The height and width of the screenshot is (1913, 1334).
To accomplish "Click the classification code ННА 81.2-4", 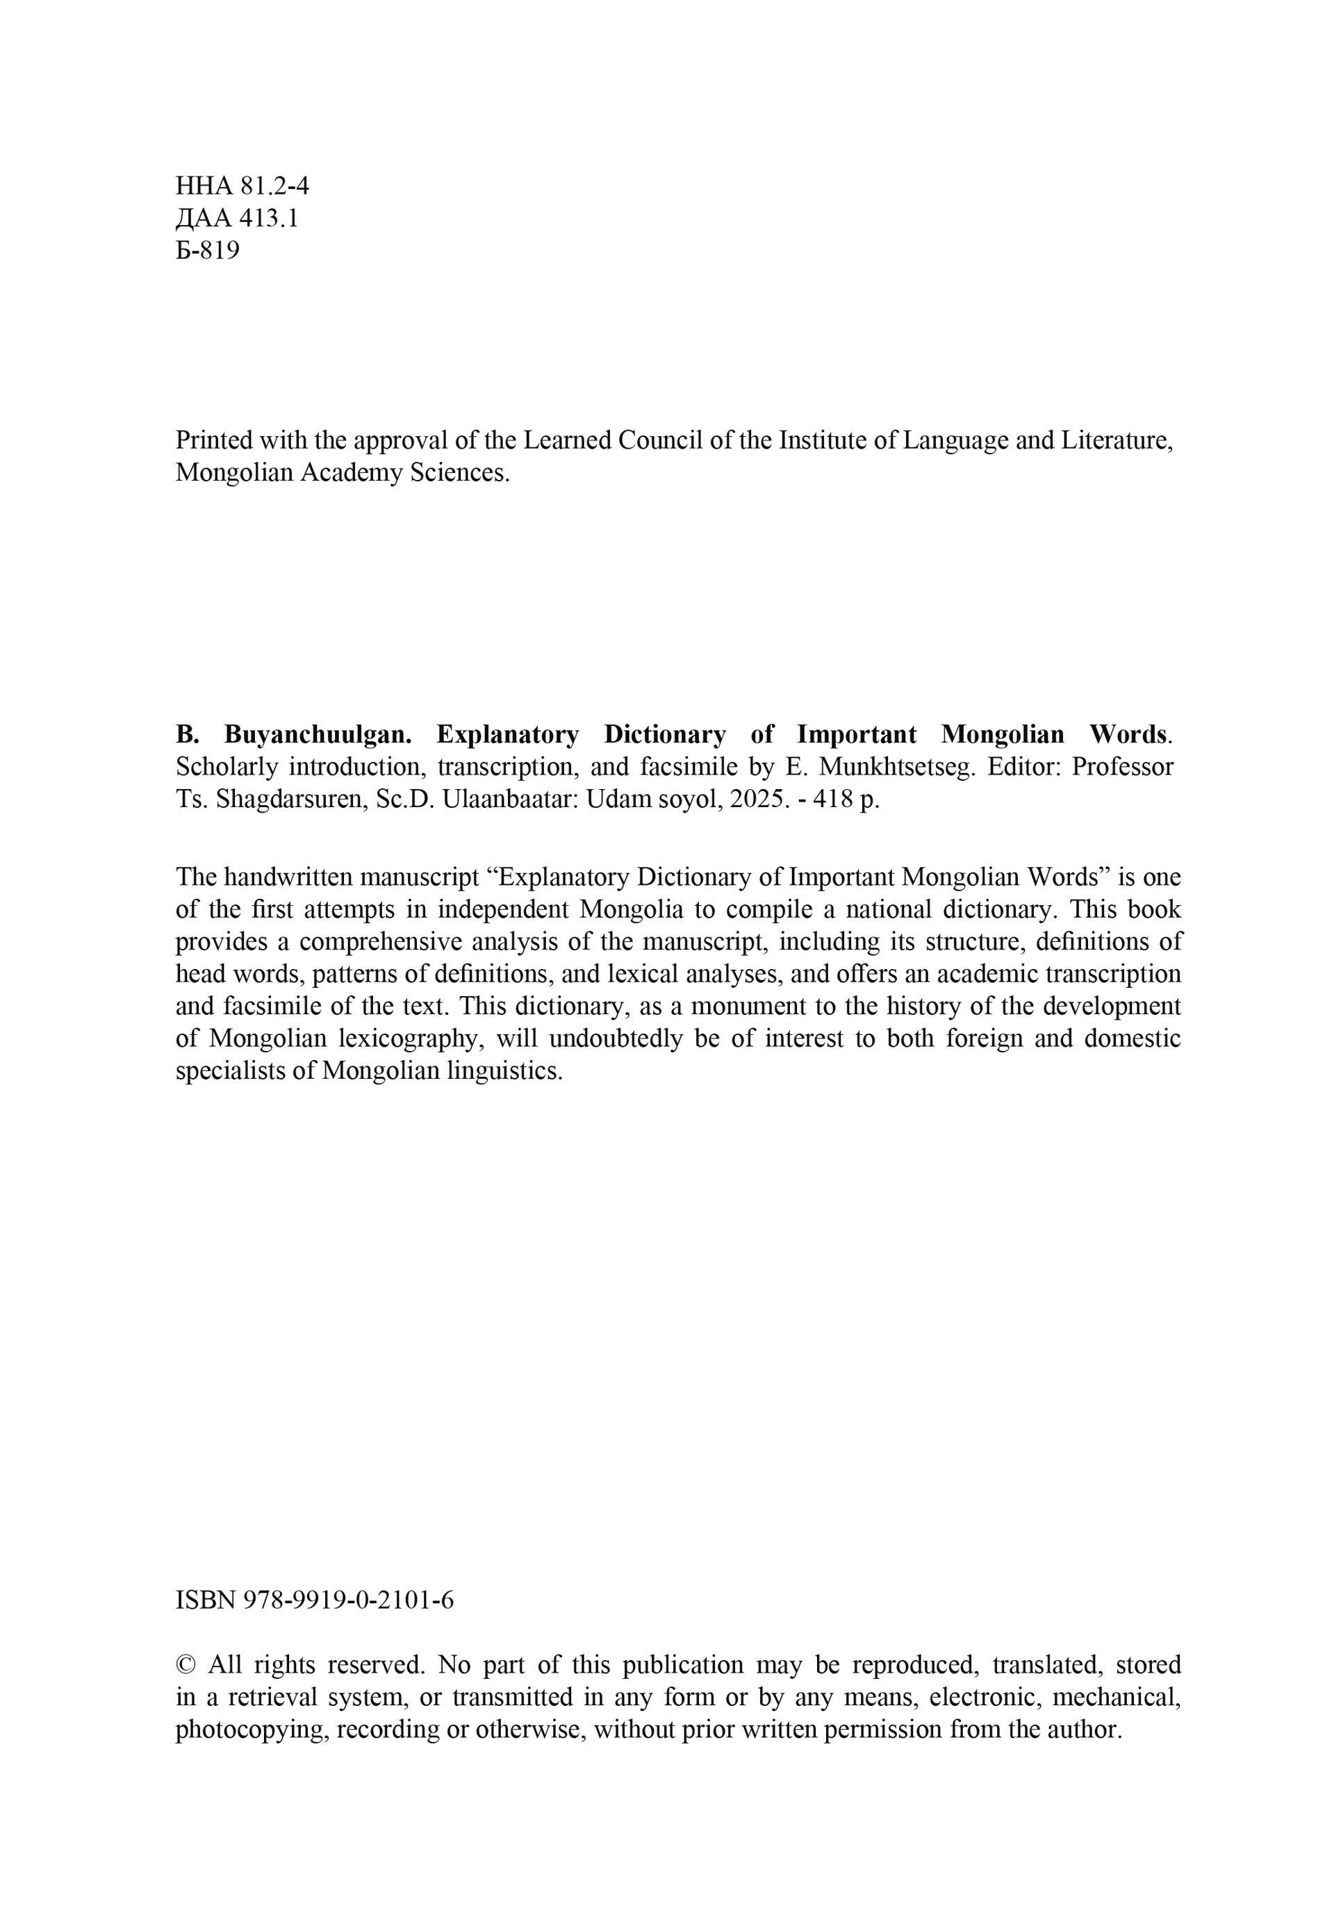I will (242, 185).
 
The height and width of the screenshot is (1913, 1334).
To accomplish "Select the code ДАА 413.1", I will (237, 218).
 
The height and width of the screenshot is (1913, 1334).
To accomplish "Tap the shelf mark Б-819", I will (208, 250).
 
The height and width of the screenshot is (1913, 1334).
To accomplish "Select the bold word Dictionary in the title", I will (664, 734).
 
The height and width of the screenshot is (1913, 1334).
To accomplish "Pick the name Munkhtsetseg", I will (896, 767).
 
